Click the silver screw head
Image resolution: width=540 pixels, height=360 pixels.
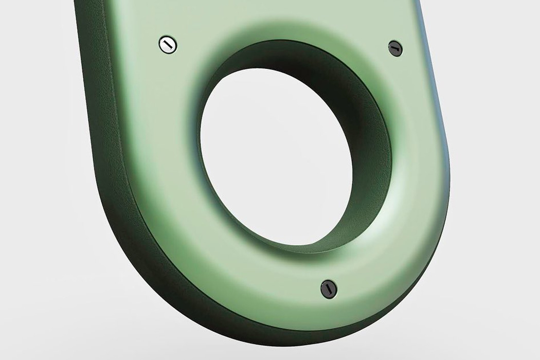click(167, 45)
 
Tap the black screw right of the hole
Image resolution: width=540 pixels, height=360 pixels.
click(395, 48)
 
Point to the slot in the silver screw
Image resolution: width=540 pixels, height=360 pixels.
click(167, 45)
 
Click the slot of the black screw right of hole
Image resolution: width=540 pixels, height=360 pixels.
click(395, 48)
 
